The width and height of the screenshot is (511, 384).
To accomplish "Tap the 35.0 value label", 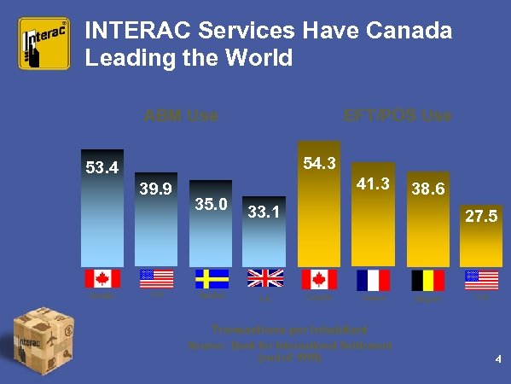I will [x=210, y=205].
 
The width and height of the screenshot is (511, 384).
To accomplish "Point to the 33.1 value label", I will [x=264, y=210].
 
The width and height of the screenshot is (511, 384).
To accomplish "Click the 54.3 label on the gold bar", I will [x=318, y=163].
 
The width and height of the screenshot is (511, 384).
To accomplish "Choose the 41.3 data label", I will [x=373, y=183].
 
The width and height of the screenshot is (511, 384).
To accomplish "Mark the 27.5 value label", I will [x=480, y=218].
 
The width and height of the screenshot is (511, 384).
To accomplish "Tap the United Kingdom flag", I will [x=264, y=279].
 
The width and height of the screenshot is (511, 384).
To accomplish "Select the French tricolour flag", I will [x=373, y=279].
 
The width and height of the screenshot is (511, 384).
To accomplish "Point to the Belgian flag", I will [x=427, y=279].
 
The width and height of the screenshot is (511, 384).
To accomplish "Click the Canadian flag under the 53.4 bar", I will [x=102, y=279].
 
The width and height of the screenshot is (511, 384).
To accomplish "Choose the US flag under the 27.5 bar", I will [x=481, y=279].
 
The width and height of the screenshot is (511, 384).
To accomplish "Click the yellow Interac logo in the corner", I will [x=45, y=44].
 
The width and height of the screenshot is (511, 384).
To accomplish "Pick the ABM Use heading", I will [x=180, y=115].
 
